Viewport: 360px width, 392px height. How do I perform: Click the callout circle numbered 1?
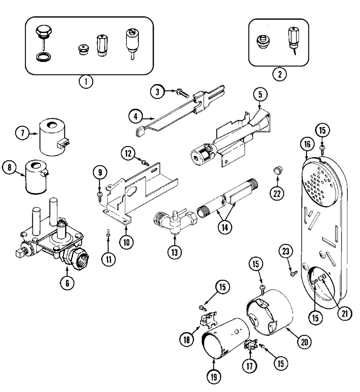[x=86, y=81]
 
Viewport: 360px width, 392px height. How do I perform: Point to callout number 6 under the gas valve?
[x=67, y=283]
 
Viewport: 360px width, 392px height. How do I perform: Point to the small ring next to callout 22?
[x=277, y=170]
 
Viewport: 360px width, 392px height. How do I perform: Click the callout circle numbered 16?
[x=306, y=145]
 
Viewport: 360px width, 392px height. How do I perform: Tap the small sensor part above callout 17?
[x=249, y=346]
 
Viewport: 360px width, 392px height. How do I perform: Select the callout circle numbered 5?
[x=260, y=95]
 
